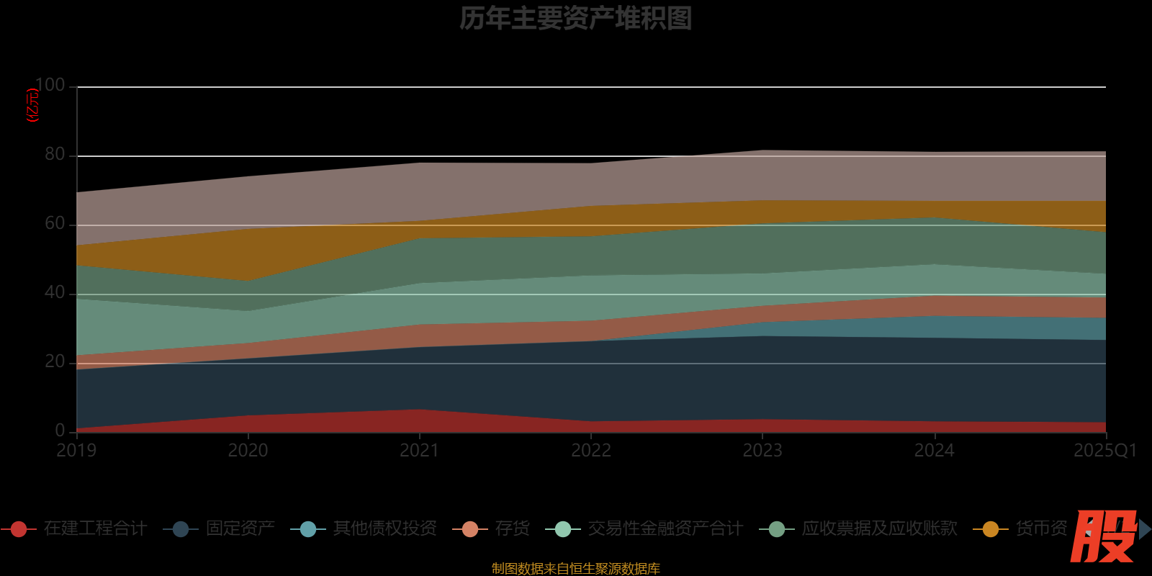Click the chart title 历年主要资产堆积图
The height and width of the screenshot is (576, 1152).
pyautogui.click(x=575, y=19)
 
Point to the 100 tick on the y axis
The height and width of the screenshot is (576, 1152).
pyautogui.click(x=50, y=86)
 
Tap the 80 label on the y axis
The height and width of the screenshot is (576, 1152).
pyautogui.click(x=55, y=155)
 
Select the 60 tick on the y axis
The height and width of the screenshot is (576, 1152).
pyautogui.click(x=55, y=224)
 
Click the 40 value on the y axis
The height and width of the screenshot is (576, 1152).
pyautogui.click(x=55, y=293)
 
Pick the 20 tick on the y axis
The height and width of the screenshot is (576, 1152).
pyautogui.click(x=55, y=362)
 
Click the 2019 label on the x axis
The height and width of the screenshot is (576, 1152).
pyautogui.click(x=76, y=451)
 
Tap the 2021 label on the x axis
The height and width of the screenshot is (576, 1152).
pyautogui.click(x=419, y=451)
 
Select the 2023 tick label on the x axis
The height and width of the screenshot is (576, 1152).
pyautogui.click(x=762, y=451)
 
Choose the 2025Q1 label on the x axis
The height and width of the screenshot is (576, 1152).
pyautogui.click(x=1104, y=451)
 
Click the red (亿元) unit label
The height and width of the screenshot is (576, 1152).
pyautogui.click(x=32, y=106)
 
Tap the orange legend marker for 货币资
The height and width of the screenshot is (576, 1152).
pyautogui.click(x=991, y=529)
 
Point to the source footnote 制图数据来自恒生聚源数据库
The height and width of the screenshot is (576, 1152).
pyautogui.click(x=575, y=569)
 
